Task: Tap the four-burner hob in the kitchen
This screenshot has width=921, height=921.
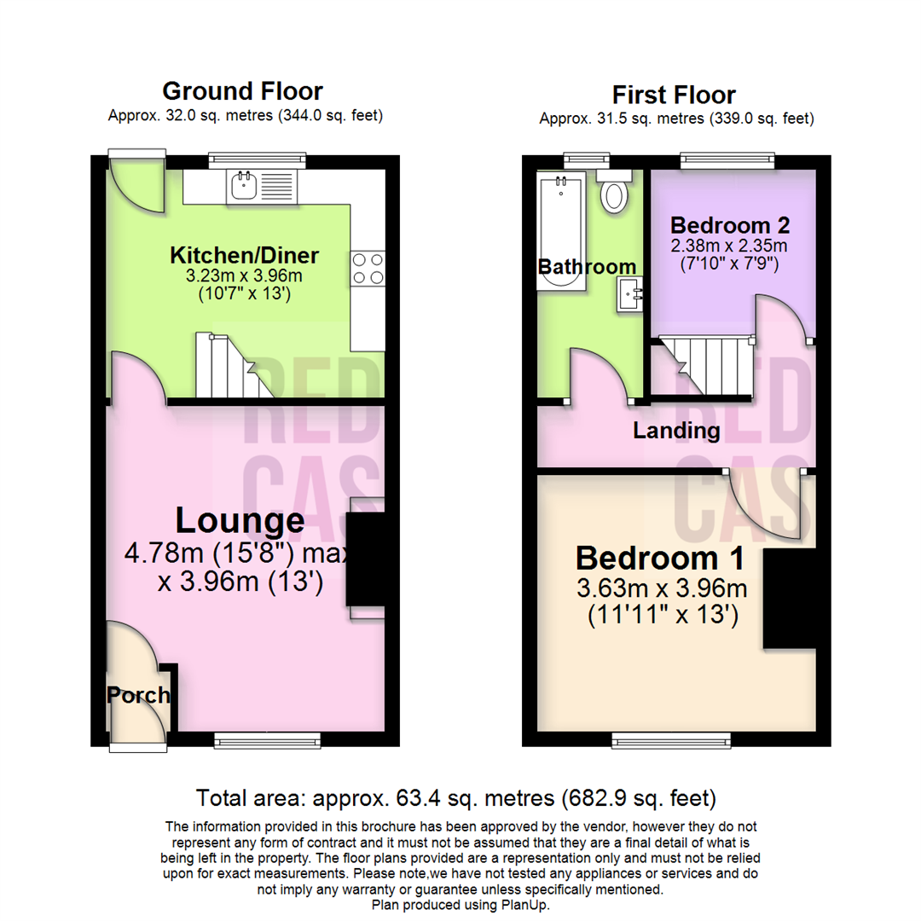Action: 367,269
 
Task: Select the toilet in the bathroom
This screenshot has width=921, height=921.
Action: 614,194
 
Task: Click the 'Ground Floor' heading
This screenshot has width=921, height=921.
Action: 242,91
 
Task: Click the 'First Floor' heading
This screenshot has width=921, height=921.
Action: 674,95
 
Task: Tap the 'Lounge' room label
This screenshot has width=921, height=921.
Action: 240,520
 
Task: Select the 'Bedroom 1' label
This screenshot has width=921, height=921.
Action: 660,559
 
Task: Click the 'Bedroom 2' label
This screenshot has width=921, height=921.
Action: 730,226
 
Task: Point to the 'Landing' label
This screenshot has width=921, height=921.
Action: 676,431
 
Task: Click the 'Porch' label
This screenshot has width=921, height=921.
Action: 138,695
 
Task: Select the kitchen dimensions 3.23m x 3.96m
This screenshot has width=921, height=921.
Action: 245,276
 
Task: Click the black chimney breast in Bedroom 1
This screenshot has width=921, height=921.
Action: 790,600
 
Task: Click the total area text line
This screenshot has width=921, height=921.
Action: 456,799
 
